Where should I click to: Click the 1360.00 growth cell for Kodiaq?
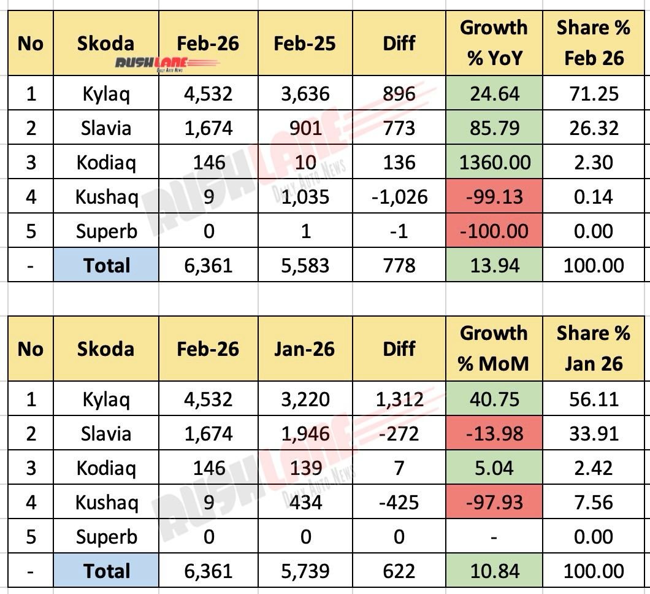[493, 163]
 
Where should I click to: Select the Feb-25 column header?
[305, 43]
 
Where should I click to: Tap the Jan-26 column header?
[305, 349]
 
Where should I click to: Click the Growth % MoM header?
[493, 349]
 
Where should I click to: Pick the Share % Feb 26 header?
[594, 43]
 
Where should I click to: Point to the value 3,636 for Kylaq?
[305, 94]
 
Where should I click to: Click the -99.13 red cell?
[493, 197]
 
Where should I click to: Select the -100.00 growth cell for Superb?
[493, 231]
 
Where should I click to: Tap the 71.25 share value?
[594, 94]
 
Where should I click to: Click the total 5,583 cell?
[305, 266]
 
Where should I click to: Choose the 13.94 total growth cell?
[493, 266]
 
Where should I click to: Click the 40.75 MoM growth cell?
[493, 399]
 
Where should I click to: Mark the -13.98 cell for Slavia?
[493, 434]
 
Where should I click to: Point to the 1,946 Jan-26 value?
[305, 434]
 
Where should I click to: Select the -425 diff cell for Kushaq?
[399, 503]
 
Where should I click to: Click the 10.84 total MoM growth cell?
[493, 571]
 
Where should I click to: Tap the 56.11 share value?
[594, 399]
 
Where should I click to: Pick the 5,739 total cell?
[305, 571]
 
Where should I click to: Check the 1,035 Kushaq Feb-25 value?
[305, 197]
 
